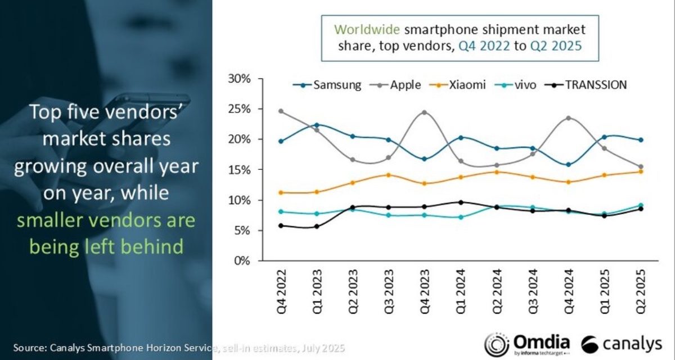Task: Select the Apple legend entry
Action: [399, 85]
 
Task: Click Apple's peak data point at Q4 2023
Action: [424, 112]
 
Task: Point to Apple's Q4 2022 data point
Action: [281, 111]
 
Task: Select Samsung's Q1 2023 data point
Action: [317, 125]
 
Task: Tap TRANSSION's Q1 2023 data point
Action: [317, 227]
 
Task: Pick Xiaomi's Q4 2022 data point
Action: [281, 192]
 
